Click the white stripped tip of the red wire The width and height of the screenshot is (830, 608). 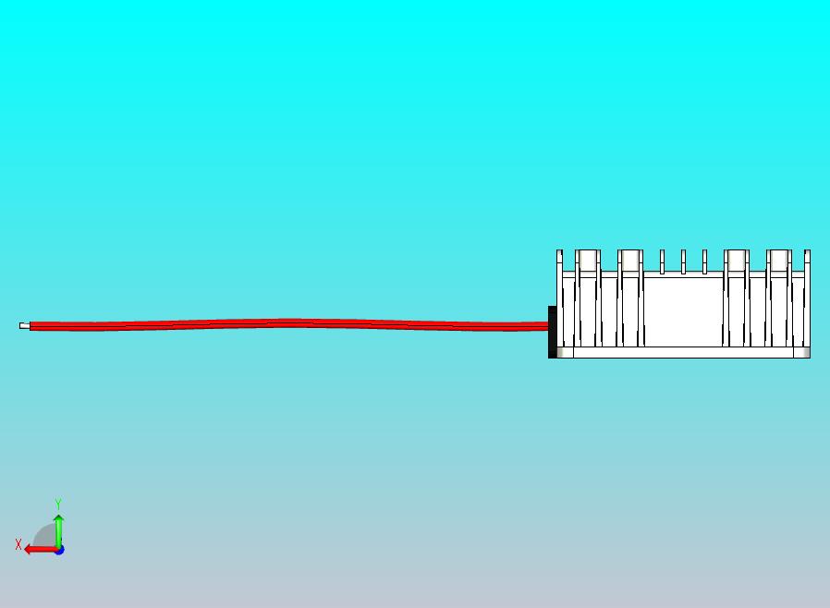(24, 325)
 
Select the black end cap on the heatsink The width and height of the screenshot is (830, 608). (552, 332)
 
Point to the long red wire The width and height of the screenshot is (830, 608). (288, 324)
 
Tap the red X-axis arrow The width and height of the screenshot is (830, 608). (42, 550)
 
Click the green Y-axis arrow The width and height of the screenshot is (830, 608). (59, 531)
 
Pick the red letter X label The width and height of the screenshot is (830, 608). (18, 544)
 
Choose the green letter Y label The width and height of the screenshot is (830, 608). (58, 504)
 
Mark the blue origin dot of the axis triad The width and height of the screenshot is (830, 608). (60, 551)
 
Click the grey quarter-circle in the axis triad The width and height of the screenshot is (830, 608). (45, 536)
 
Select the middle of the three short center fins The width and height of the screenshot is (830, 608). (683, 261)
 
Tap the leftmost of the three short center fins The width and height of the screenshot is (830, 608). (662, 261)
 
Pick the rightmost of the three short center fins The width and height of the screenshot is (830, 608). (704, 261)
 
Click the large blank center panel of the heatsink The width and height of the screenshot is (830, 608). (683, 312)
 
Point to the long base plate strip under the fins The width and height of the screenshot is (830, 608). (683, 352)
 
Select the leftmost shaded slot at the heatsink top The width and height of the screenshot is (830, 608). (588, 261)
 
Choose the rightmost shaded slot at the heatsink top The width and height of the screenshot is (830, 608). (778, 261)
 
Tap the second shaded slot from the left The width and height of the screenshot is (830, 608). (630, 261)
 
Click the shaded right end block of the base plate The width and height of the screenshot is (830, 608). (801, 352)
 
